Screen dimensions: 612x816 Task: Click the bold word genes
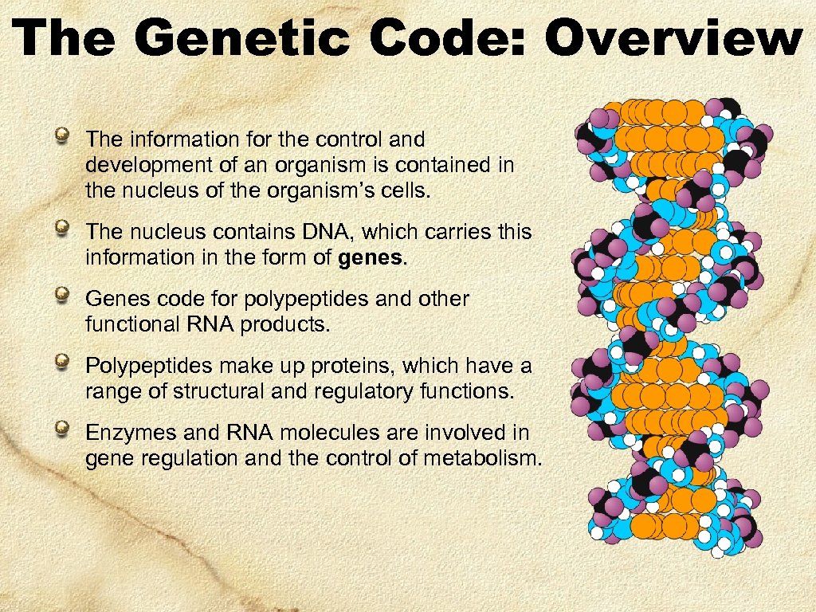pyautogui.click(x=372, y=258)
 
